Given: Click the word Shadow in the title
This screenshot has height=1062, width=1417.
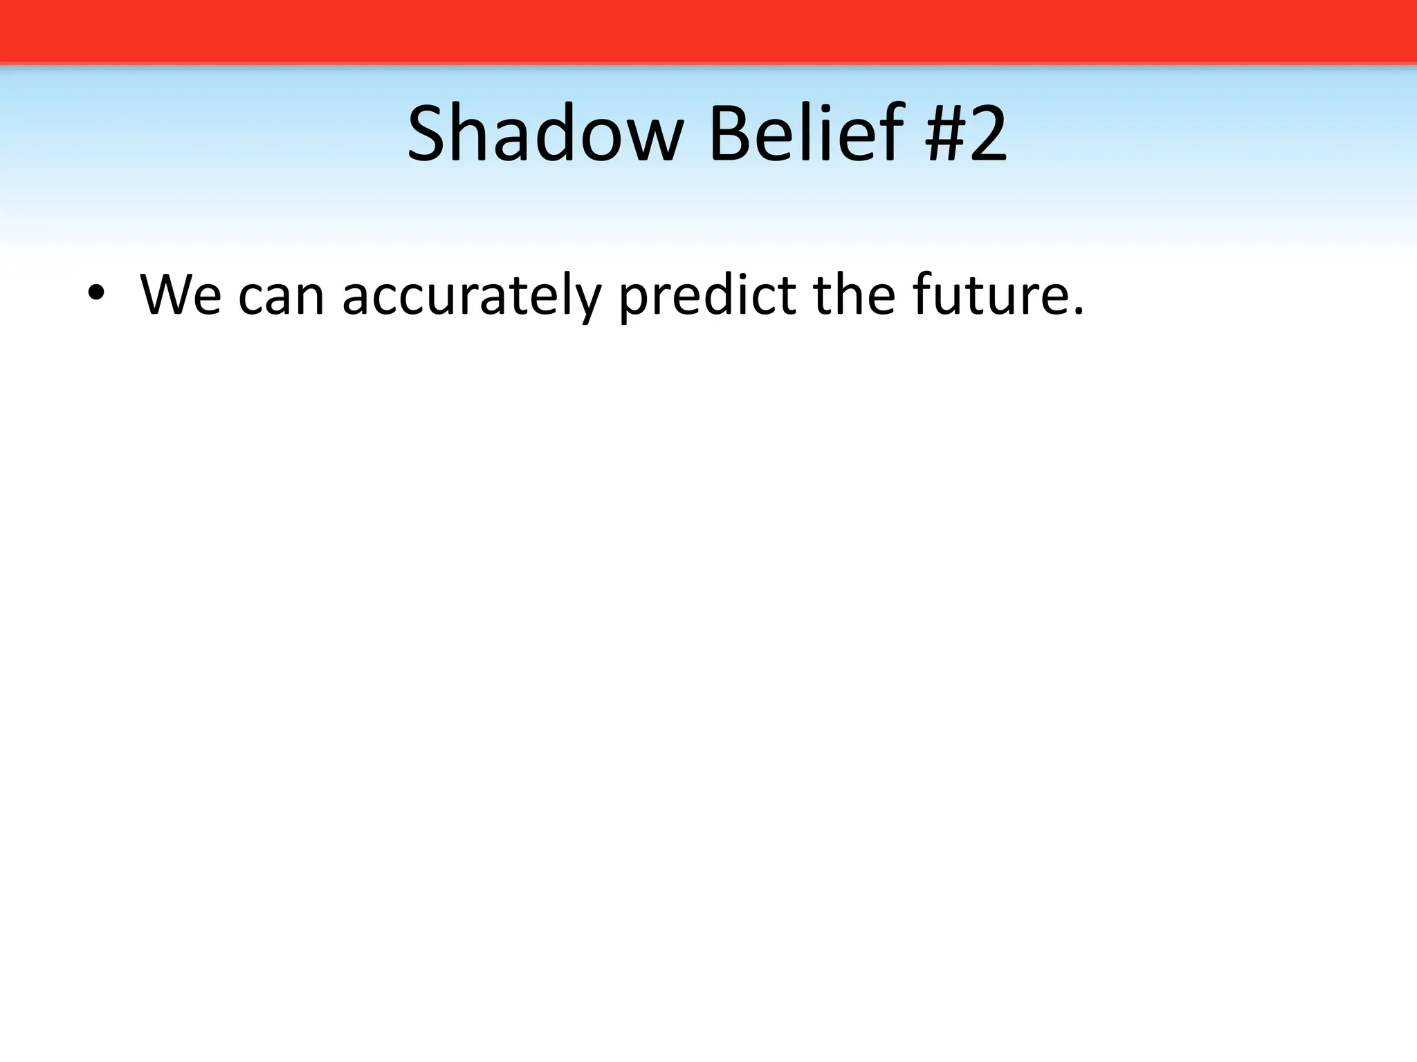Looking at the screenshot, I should (x=545, y=134).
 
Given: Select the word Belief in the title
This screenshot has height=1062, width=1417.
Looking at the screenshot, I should (x=806, y=134).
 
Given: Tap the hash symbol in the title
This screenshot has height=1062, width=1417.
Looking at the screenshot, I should (x=945, y=134).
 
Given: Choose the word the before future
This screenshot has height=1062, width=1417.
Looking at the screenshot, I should (x=854, y=296).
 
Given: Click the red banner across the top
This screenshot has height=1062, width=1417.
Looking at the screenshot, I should (x=708, y=31).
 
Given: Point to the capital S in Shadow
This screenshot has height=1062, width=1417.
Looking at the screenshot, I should (x=426, y=134).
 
